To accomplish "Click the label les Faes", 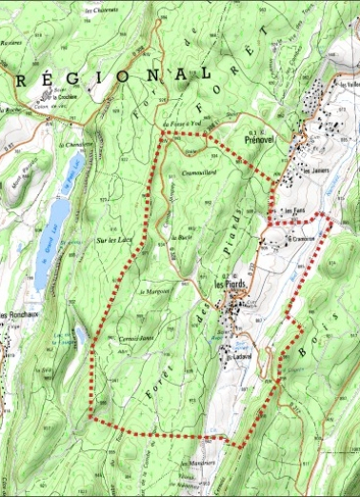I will coord(283,211).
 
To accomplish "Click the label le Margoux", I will coord(153,291).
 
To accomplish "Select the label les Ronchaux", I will coord(18,315).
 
